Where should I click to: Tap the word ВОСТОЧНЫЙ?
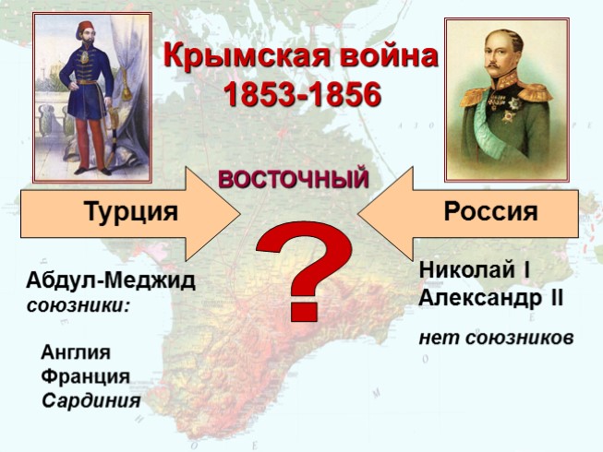[294, 178]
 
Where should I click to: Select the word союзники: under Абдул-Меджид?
[78, 303]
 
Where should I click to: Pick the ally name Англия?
[77, 352]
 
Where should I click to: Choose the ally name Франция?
[86, 376]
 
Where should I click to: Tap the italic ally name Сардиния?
[91, 400]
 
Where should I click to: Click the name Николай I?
[473, 271]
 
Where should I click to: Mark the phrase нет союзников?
[496, 338]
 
